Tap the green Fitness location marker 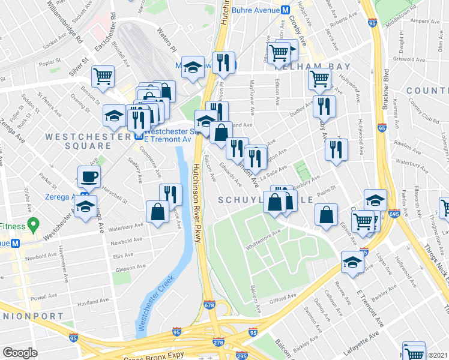34,226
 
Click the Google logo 20,353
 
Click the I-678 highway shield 208,304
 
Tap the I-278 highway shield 218,342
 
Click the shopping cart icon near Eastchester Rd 103,76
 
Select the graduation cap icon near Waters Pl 193,67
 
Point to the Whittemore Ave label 263,241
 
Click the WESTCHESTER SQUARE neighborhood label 78,141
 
